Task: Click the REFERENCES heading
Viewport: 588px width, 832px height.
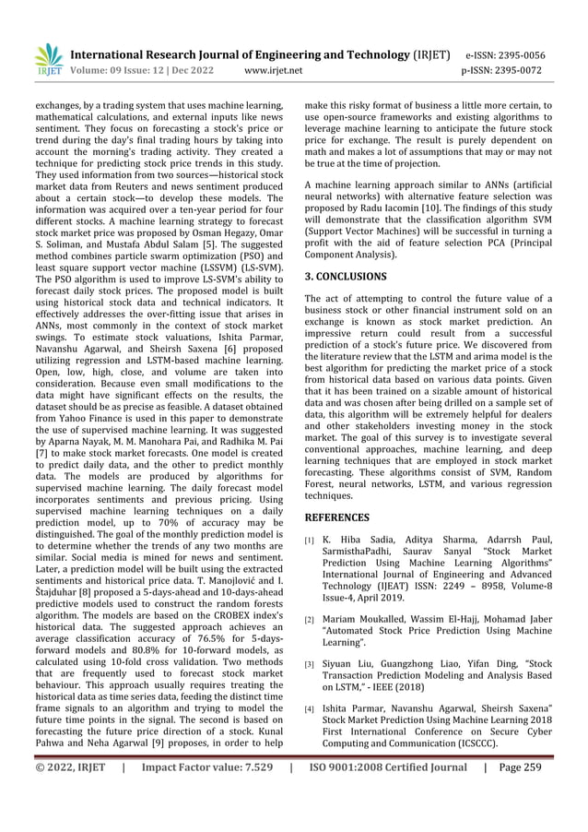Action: pyautogui.click(x=337, y=517)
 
